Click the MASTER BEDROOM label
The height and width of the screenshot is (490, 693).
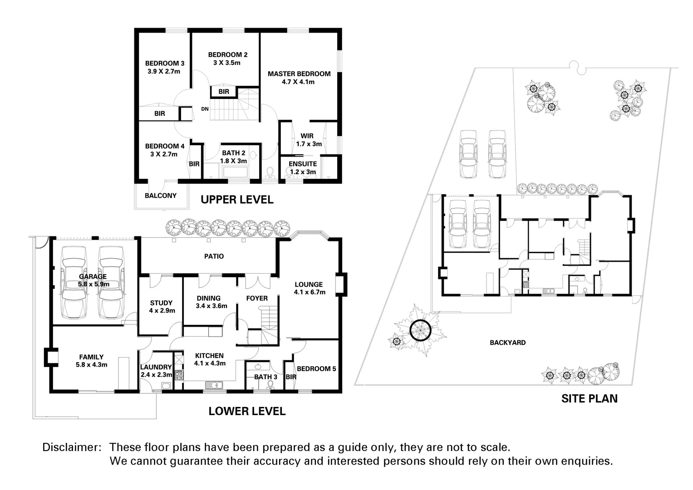tap(299, 73)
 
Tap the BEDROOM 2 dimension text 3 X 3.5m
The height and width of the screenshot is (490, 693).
tap(226, 63)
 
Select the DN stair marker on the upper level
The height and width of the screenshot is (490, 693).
tap(205, 109)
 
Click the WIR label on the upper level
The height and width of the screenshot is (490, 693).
tap(307, 136)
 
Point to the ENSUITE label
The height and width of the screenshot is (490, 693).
tap(303, 164)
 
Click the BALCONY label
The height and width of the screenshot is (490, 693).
tap(160, 196)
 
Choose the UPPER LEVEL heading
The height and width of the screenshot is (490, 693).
tap(237, 200)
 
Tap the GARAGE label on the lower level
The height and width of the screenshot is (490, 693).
tap(93, 276)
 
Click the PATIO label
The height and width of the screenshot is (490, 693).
tap(214, 256)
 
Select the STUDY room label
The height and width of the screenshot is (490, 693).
tap(161, 303)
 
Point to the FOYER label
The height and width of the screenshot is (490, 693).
tap(257, 298)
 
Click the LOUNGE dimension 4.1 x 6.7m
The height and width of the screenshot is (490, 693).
tap(310, 292)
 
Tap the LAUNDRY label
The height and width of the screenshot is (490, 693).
tap(156, 367)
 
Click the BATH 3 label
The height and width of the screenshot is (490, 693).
tap(265, 377)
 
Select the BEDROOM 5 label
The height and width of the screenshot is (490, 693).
tap(316, 368)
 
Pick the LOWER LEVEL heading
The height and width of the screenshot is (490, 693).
tap(247, 411)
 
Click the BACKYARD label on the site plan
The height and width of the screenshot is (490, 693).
tap(507, 343)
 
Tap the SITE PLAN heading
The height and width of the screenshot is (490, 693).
tap(589, 398)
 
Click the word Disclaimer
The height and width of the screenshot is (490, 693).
tap(71, 447)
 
